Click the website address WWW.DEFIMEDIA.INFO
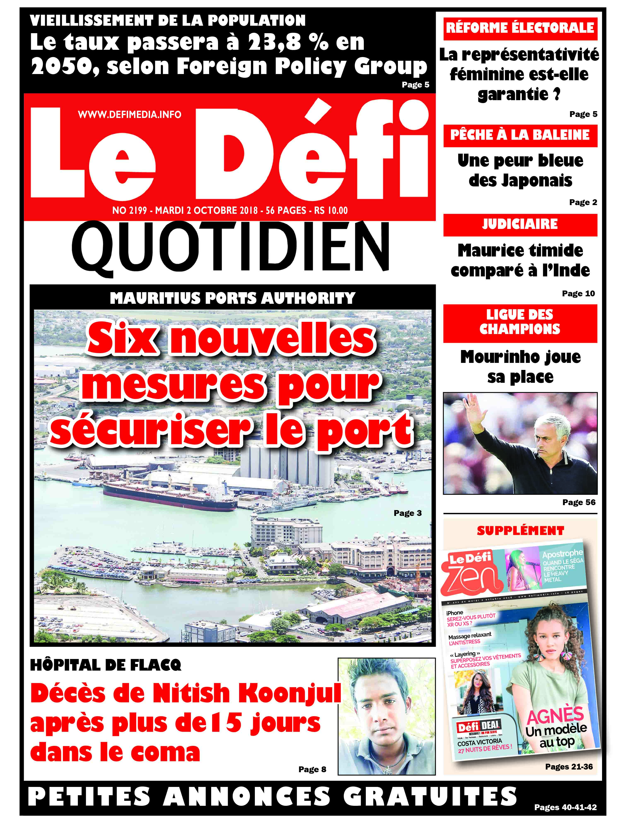[129, 114]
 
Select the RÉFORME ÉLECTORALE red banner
[520, 28]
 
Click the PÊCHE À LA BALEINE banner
[520, 135]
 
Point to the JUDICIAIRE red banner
[520, 225]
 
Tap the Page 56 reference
[579, 502]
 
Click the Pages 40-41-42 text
[565, 807]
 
